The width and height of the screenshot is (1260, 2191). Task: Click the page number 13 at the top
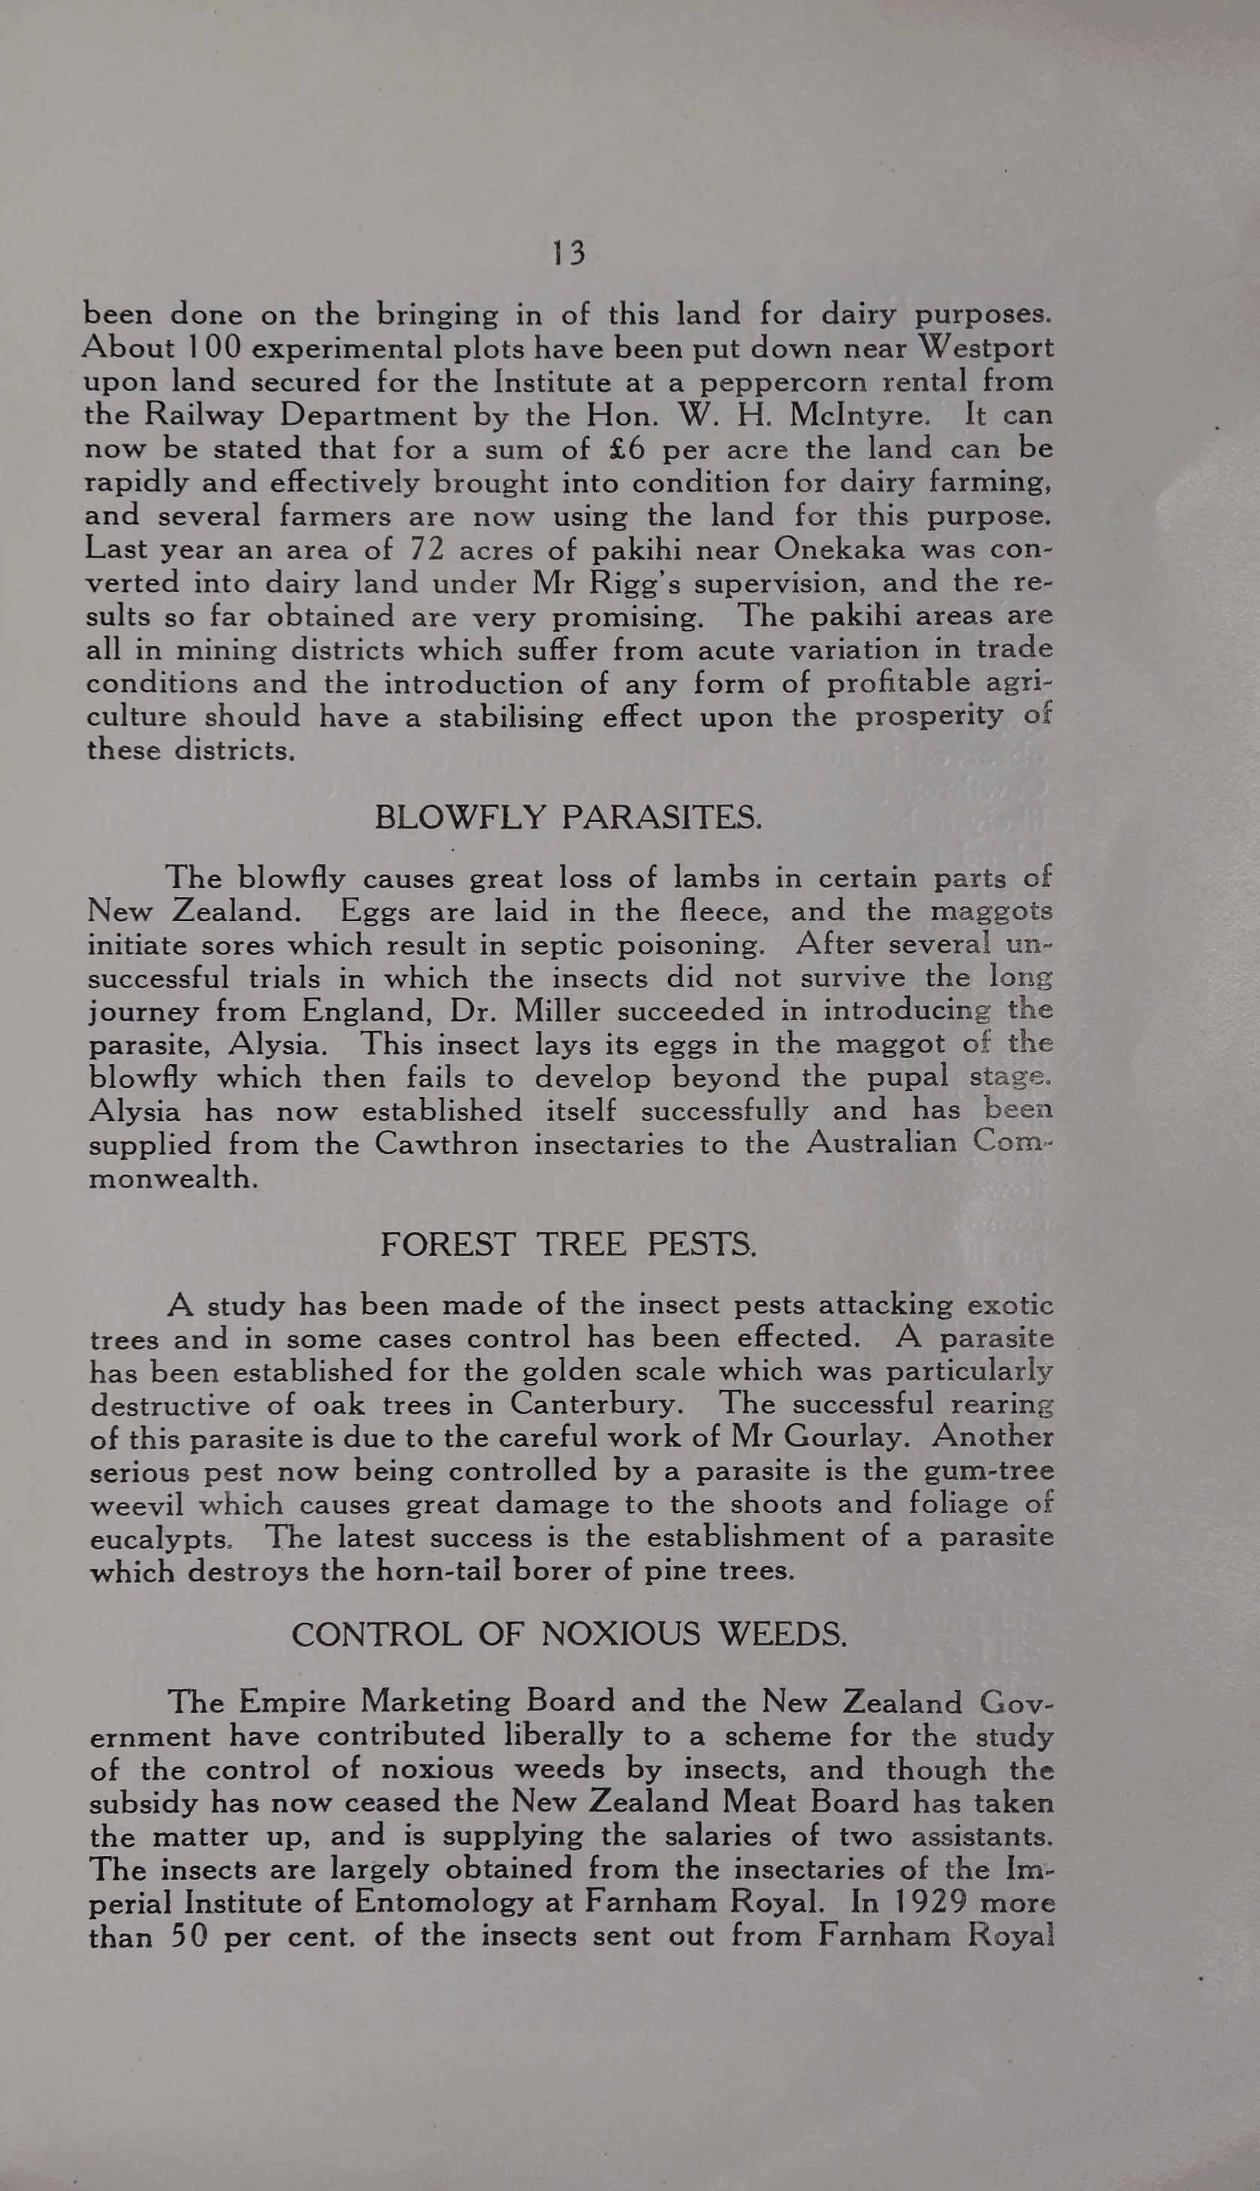(x=569, y=252)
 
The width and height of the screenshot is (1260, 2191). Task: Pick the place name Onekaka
(x=838, y=549)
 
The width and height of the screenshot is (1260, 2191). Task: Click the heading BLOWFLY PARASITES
(x=569, y=817)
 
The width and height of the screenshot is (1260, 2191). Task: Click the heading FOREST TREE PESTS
(x=569, y=1245)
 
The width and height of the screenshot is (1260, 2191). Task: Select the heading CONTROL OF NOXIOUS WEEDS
(x=569, y=1634)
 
